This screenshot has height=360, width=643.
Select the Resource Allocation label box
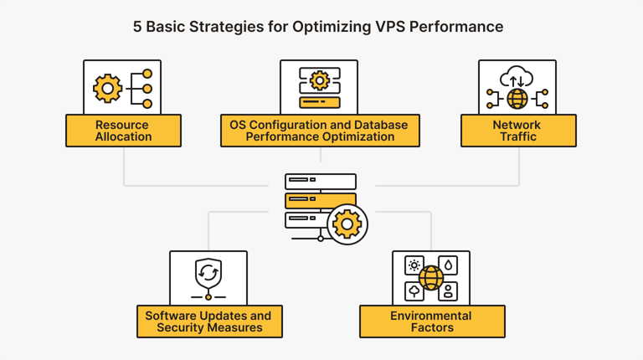122,131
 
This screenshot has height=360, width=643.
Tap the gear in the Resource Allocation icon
107,88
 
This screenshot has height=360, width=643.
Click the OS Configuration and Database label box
319,131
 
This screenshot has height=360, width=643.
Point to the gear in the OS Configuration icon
319,80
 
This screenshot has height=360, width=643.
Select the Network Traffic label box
518,131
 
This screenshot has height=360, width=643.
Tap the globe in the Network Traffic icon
517,100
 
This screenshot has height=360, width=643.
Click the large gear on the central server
347,224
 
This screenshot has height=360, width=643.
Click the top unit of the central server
320,181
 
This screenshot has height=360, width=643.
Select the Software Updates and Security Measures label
209,321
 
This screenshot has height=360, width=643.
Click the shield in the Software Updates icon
208,272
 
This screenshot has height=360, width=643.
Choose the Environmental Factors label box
431,321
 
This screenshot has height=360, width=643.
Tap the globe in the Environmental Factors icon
431,278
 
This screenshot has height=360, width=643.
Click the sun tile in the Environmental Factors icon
414,265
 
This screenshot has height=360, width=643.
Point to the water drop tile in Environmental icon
449,265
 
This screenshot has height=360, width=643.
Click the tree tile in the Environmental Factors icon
414,291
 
